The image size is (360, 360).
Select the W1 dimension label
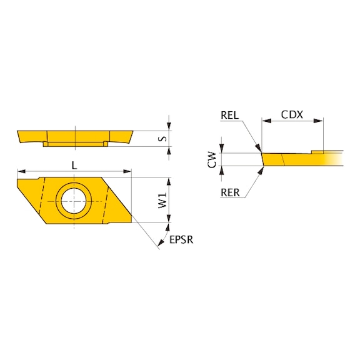(161, 201)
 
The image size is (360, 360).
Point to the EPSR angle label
(181, 240)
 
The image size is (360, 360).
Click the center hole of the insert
(74, 201)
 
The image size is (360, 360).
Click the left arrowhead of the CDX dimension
(265, 121)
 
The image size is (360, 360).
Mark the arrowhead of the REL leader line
(259, 150)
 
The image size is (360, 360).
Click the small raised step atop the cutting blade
(317, 151)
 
